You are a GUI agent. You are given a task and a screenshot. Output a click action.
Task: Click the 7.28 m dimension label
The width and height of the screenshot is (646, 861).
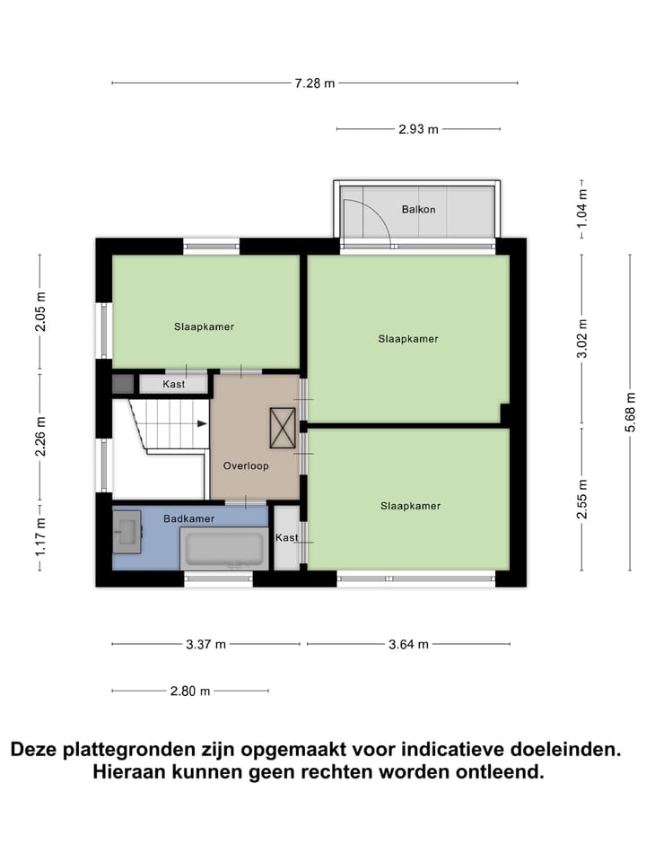314,83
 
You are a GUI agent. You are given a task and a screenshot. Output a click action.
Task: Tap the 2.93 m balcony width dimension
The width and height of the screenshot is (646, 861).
418,129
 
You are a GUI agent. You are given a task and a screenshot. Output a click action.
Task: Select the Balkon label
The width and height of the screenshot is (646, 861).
419,209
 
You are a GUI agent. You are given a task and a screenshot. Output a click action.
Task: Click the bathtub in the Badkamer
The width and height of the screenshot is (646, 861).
224,548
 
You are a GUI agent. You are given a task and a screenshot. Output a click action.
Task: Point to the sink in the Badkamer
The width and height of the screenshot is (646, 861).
127,528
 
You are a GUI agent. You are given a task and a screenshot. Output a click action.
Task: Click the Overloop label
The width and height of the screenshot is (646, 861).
246,465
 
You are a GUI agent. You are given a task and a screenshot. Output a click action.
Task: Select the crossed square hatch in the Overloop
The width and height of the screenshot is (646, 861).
283,427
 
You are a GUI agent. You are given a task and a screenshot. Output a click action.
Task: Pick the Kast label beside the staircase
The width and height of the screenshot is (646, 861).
174,384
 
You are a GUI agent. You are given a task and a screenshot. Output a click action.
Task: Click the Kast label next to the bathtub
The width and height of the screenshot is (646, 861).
287,537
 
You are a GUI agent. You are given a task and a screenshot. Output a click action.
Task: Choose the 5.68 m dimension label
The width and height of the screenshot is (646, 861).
631,411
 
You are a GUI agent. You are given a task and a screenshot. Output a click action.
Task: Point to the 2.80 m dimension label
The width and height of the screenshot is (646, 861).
190,691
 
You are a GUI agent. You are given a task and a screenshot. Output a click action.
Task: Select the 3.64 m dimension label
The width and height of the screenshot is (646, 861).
408,644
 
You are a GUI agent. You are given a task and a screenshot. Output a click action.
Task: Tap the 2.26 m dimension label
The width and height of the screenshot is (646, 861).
40,435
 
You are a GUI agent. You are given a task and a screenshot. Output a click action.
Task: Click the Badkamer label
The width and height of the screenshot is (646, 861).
188,517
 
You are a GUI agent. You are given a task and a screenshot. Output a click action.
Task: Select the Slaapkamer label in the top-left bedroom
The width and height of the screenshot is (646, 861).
204,326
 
